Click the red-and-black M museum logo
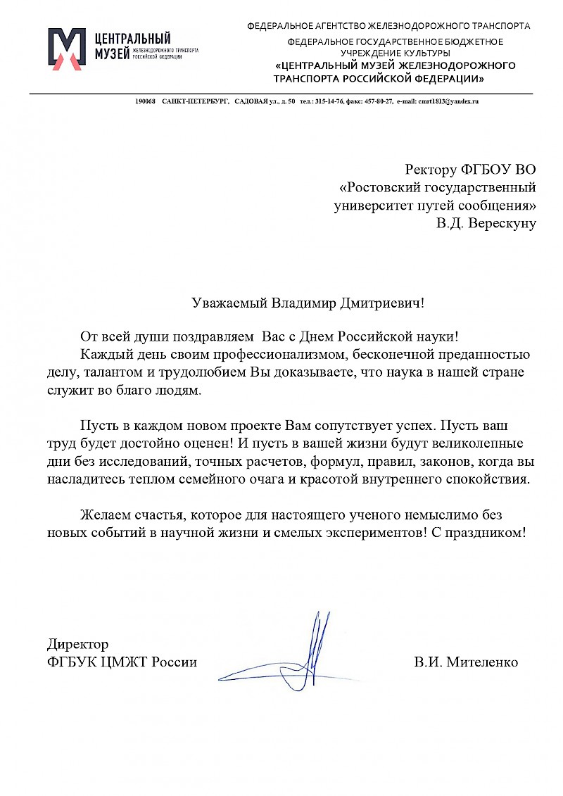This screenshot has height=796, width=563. click(65, 49)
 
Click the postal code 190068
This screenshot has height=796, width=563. click(145, 102)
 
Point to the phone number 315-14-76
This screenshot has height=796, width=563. click(329, 102)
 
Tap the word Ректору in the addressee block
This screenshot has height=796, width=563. click(431, 169)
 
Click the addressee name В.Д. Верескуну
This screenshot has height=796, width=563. click(486, 224)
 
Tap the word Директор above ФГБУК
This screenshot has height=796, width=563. click(77, 644)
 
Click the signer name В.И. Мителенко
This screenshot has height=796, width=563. click(466, 662)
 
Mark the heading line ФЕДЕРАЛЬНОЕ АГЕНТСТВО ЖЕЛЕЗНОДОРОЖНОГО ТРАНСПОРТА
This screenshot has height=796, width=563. click(388, 26)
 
